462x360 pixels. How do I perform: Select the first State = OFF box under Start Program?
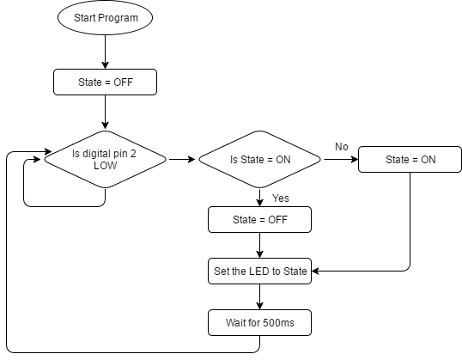click(105, 82)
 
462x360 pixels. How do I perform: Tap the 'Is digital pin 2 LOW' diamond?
click(105, 159)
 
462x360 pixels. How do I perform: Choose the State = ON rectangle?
click(410, 159)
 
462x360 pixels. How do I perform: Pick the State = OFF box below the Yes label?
click(258, 220)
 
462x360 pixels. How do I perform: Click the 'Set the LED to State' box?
click(258, 272)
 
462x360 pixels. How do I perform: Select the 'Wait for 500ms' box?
click(258, 324)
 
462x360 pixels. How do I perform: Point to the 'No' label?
click(341, 147)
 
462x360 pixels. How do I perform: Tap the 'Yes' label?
click(280, 198)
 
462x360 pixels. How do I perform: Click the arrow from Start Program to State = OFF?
click(105, 52)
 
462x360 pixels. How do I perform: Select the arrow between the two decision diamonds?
click(181, 159)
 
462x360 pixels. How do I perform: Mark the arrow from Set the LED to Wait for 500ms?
click(258, 297)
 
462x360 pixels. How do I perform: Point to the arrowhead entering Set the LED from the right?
click(317, 272)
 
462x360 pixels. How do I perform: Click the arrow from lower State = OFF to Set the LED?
click(258, 245)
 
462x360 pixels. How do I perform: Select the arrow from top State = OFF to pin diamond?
click(105, 112)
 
